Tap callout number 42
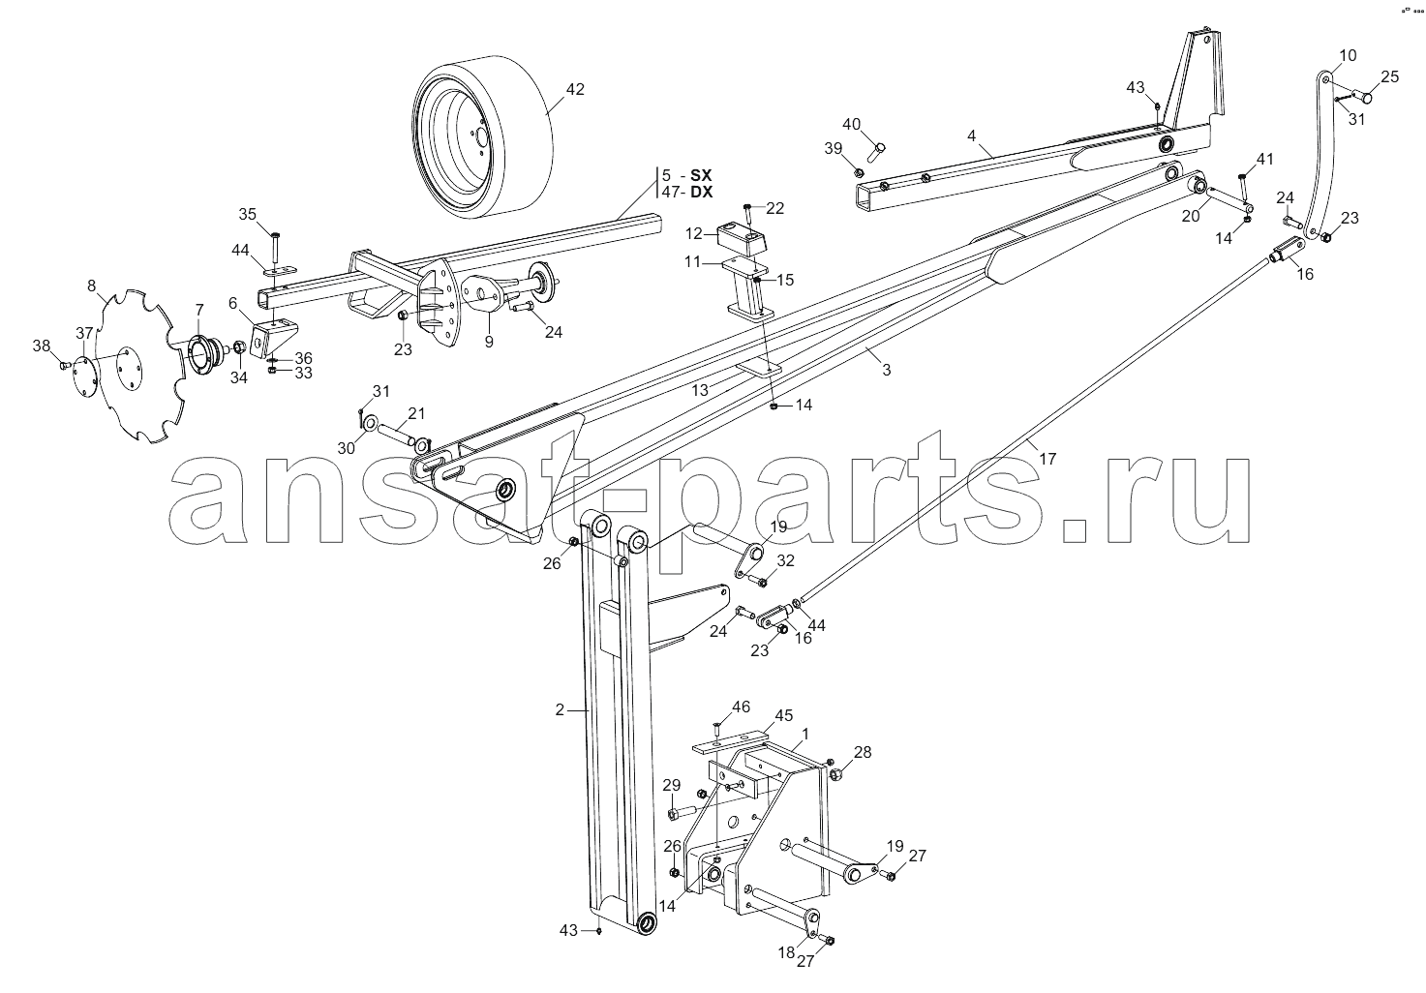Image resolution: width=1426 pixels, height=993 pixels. point(575,89)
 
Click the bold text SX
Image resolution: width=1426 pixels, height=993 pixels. point(702,175)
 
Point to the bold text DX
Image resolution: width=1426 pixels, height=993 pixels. point(702,192)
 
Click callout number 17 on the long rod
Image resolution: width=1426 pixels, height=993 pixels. point(1047,459)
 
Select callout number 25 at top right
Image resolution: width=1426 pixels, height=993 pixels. point(1390,77)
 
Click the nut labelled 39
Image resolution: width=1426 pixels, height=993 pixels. point(858,171)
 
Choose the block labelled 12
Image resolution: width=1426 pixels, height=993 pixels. point(743,239)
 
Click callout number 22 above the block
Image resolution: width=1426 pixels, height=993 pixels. point(774,208)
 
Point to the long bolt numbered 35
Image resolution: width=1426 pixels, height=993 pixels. point(275,247)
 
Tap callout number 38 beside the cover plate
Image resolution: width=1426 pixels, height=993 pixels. point(42,346)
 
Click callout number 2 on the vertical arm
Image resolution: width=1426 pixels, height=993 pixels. point(560,709)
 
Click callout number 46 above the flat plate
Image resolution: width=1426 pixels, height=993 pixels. point(741,706)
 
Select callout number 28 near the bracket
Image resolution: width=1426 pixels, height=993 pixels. point(862,752)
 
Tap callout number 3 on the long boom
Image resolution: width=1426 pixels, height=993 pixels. point(887,370)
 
